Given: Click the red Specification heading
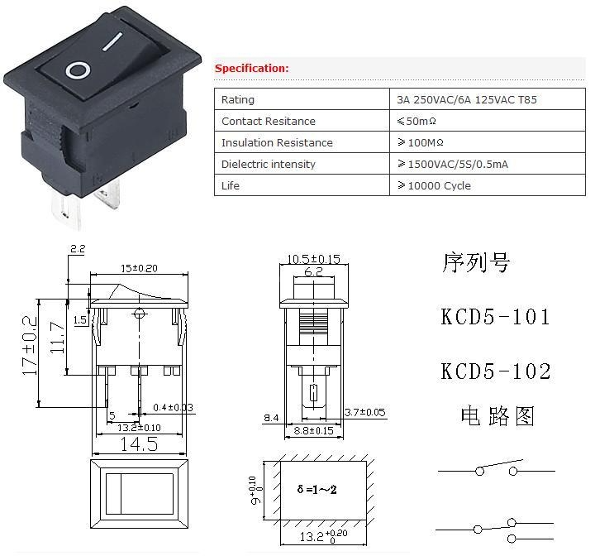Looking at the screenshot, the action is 251,69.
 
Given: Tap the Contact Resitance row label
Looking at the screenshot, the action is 269,122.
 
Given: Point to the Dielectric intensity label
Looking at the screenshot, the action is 269,164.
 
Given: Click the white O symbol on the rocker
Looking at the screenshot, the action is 78,71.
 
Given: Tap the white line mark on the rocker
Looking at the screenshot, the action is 112,41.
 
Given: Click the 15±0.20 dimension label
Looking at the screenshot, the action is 139,268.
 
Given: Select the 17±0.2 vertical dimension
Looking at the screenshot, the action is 30,346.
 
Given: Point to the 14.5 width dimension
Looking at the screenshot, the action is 139,443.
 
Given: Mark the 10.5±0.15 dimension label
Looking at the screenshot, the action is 313,259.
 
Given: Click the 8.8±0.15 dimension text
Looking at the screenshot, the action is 313,430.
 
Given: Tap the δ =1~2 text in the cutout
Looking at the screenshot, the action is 317,489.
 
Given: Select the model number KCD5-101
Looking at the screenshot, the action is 495,317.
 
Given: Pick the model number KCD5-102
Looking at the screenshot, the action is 496,371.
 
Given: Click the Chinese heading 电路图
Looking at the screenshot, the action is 497,415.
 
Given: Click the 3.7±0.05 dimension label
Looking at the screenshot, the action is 364,412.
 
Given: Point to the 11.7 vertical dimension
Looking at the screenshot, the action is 58,338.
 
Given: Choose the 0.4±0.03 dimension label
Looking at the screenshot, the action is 173,408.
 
